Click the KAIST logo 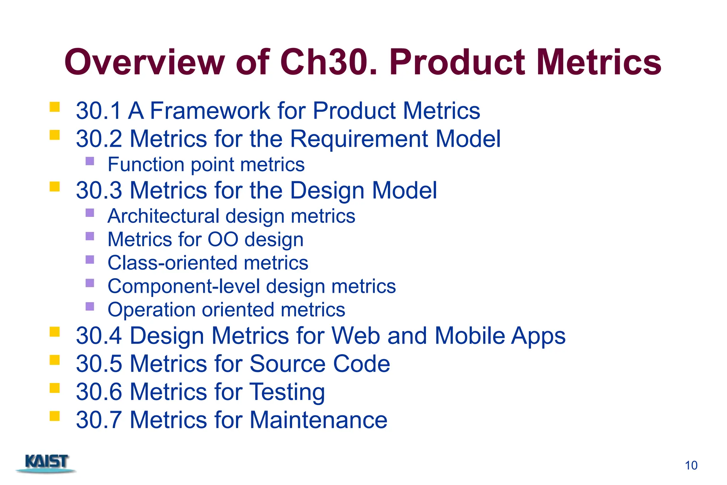[x=47, y=463]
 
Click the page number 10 [x=691, y=465]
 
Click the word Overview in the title [x=144, y=63]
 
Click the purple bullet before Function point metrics [x=90, y=161]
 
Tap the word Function [x=146, y=165]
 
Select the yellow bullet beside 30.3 [x=55, y=187]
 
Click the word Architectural [x=164, y=216]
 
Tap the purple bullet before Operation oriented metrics [x=90, y=306]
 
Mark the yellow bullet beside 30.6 [x=55, y=388]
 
